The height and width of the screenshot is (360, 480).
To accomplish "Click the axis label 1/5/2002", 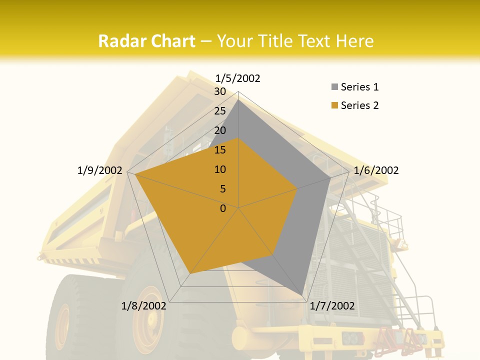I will coord(238,78).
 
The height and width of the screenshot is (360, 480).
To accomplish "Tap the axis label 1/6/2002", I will coord(376,170).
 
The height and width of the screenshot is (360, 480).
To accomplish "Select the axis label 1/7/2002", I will coord(332,306).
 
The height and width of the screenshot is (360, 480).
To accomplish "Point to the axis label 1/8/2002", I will coord(144,306).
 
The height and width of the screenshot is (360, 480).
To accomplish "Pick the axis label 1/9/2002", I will coord(100,170).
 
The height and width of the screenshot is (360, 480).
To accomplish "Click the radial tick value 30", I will coord(220,91).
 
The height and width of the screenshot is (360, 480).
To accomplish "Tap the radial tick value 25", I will coord(220,111).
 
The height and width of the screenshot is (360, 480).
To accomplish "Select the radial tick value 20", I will coord(220,130).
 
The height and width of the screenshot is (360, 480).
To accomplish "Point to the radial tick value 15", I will coord(220,150).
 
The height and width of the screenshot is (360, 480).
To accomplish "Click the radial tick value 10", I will coord(220,169).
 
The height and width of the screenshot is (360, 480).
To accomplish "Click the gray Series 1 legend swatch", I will coord(334,87).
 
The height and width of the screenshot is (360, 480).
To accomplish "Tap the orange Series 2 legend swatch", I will coord(334,105).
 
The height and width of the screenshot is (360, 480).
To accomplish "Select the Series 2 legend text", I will coord(359,105).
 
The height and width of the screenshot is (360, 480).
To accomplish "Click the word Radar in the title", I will coord(122,41).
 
